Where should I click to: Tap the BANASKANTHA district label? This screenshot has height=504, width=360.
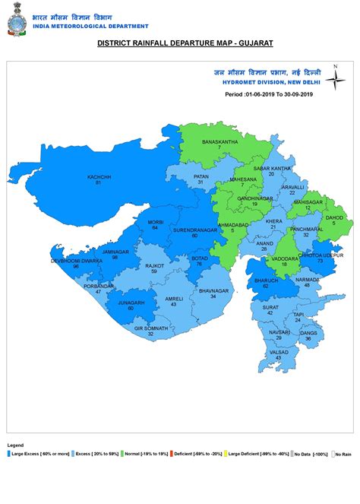219,141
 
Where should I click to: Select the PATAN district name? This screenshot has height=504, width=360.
201,176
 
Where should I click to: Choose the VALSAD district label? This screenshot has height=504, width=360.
279,353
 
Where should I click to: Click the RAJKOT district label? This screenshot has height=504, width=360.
155,266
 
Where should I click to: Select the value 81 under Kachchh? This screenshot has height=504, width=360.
99,183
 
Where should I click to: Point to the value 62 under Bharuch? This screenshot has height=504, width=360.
266,286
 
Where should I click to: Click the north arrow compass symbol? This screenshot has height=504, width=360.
335,79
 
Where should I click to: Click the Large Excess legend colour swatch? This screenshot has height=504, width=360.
9,454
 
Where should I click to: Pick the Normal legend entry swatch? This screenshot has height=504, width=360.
122,454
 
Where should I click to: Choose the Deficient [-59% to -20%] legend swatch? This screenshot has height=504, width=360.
172,454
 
